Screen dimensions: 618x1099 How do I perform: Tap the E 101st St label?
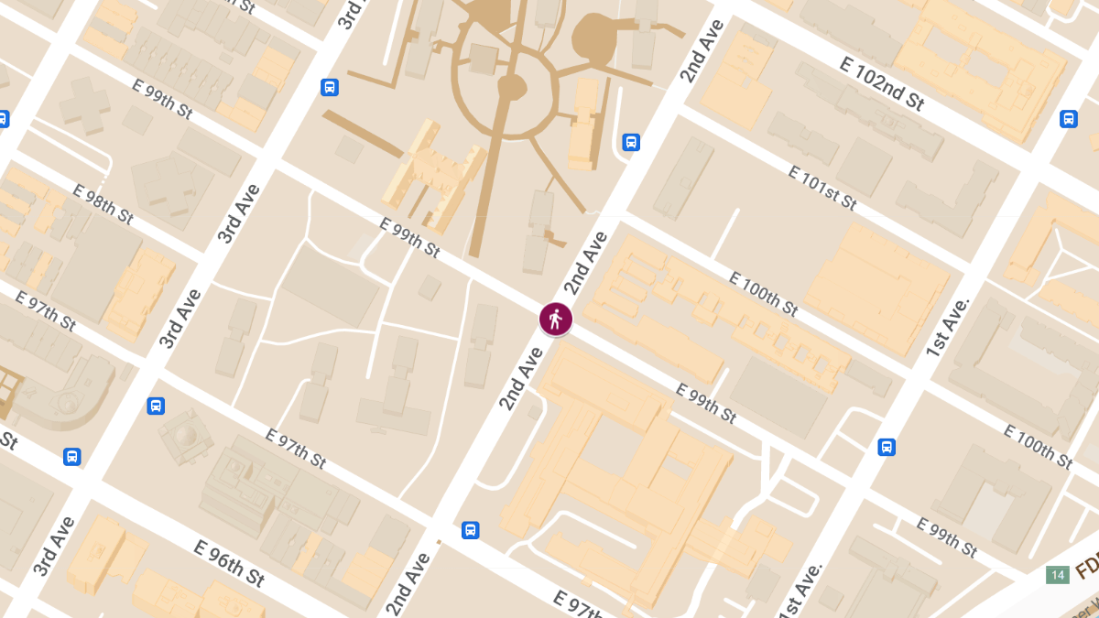822,188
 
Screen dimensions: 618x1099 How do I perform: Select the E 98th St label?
103,204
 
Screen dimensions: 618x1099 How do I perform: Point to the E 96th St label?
229,563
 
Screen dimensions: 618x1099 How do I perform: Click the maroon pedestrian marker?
555,319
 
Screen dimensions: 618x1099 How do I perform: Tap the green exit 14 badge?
1058,575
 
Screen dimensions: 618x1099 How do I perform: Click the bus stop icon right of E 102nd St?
1068,119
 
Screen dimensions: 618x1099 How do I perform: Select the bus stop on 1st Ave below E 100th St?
886,447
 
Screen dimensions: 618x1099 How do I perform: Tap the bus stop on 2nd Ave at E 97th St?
470,529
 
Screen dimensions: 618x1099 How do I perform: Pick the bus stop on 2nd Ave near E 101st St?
631,142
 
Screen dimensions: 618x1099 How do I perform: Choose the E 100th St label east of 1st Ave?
1038,446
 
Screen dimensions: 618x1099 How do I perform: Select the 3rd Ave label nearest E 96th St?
54,547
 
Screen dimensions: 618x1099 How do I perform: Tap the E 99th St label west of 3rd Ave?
163,99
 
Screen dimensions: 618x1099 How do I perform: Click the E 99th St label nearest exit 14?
947,537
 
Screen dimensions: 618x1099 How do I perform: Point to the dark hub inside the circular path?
510,88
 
